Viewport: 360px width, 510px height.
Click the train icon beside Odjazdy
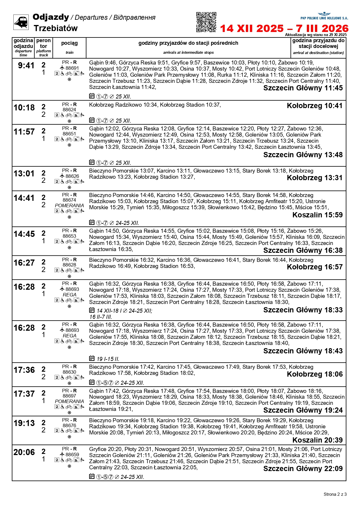click(21, 22)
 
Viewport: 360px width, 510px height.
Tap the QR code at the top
click(206, 22)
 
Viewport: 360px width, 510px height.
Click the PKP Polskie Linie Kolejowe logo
click(324, 16)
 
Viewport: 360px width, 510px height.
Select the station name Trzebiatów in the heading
click(55, 28)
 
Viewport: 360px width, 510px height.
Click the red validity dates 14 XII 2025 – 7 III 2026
click(284, 28)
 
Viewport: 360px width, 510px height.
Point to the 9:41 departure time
click(26, 66)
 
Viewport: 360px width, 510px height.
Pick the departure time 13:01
click(24, 174)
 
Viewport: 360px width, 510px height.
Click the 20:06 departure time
click(24, 452)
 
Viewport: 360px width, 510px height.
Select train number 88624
click(69, 110)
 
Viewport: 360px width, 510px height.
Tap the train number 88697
click(69, 396)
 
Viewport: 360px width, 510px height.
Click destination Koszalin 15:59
click(317, 215)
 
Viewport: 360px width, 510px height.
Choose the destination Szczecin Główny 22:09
click(303, 469)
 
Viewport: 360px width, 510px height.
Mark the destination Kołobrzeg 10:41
click(315, 106)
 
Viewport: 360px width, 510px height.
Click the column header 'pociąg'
click(69, 43)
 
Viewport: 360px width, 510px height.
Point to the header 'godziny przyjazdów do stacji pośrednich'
click(188, 43)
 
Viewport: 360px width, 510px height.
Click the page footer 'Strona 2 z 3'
click(335, 494)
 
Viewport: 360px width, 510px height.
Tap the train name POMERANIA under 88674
click(69, 205)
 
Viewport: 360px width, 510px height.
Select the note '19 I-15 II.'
click(108, 359)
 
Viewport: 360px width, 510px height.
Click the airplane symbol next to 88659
click(62, 454)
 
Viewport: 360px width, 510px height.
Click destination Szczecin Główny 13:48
click(303, 155)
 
